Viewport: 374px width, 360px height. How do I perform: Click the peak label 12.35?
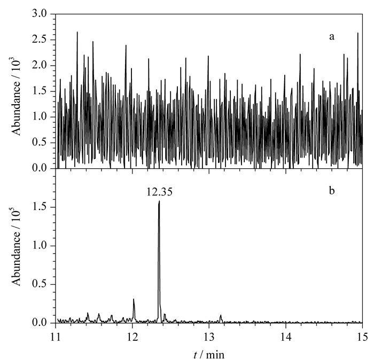tap(159, 192)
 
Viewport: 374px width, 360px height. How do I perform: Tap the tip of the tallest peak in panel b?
tap(159, 201)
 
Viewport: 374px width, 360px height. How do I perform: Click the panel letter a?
tap(332, 37)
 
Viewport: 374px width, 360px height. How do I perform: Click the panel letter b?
tap(332, 191)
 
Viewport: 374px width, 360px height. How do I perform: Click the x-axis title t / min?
tap(209, 355)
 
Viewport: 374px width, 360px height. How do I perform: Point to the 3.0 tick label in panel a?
tap(40, 14)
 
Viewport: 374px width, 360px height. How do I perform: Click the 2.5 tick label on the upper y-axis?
tap(40, 40)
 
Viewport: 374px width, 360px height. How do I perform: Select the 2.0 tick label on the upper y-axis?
tap(40, 65)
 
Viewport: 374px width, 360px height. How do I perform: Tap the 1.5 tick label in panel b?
tap(40, 207)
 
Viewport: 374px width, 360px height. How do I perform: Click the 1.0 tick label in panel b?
tap(40, 246)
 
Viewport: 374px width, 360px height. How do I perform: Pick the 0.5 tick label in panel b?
tap(40, 284)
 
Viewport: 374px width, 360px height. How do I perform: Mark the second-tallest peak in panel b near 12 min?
tap(134, 299)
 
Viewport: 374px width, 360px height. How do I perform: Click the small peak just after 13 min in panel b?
tap(221, 315)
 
